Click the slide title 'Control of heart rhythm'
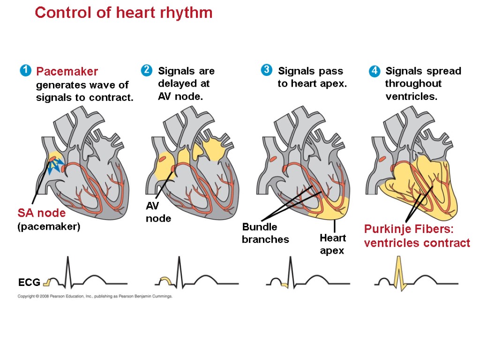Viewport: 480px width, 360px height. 124,13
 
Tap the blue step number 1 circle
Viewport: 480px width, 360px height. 25,71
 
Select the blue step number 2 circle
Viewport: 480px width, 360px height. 146,70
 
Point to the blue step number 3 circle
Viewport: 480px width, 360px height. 266,70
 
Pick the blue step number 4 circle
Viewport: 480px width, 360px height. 374,71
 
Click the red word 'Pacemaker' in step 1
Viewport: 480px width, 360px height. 67,71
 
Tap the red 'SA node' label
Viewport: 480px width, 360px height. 42,213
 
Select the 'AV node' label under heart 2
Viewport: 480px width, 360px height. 158,212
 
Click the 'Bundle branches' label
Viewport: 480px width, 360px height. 265,233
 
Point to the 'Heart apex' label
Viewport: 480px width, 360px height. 332,244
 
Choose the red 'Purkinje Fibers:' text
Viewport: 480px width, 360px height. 409,230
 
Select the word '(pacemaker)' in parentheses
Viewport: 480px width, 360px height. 49,226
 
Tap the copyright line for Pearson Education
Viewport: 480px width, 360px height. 95,296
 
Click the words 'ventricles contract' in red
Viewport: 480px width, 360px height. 417,243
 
